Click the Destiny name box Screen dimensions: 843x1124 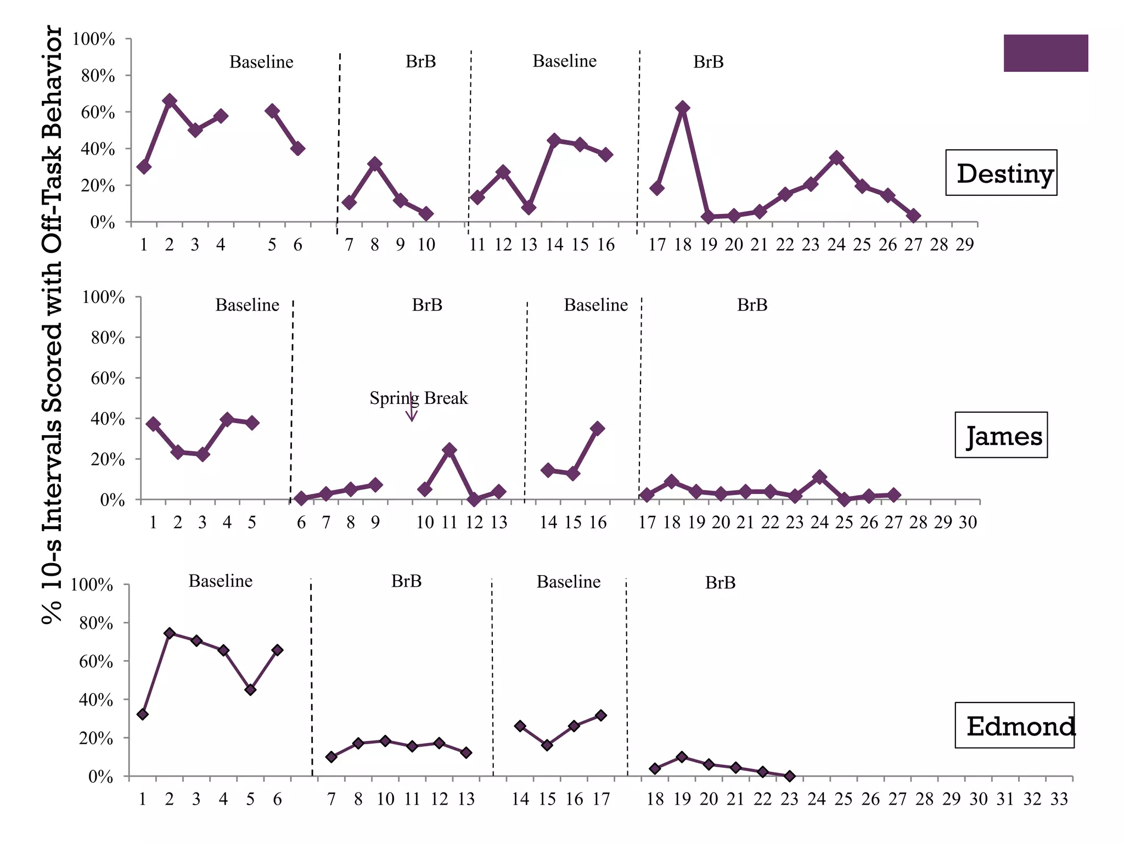click(1001, 173)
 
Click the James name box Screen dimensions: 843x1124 click(1001, 435)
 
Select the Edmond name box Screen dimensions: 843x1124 click(1014, 725)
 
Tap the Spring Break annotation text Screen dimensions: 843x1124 click(418, 398)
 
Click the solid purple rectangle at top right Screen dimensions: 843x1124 click(1046, 53)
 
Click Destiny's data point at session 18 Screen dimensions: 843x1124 click(682, 108)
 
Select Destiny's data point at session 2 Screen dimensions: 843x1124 click(170, 101)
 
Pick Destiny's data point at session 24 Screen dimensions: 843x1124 click(836, 158)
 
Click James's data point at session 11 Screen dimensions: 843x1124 click(449, 450)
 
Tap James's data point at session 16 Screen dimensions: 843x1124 click(598, 428)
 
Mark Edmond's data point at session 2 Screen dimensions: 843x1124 click(170, 633)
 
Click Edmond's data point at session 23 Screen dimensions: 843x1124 click(789, 776)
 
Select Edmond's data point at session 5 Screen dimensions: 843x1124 click(250, 690)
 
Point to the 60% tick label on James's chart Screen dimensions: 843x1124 click(108, 378)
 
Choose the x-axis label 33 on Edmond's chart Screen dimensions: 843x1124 click(1059, 799)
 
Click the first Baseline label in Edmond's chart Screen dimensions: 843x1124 click(221, 581)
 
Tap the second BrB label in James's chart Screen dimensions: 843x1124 click(752, 305)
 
